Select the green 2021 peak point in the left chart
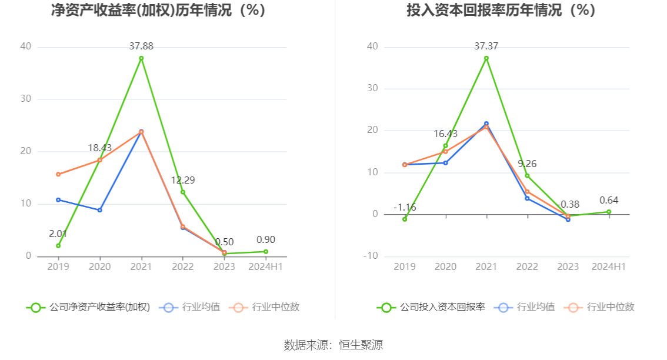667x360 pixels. [141, 58]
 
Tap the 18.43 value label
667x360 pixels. [100, 148]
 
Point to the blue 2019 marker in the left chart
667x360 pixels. [58, 199]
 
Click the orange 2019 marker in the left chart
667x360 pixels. [58, 174]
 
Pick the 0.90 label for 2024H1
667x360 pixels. [266, 239]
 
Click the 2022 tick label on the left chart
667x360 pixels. [182, 266]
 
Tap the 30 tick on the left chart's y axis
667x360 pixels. [25, 99]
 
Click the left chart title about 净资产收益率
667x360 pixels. [158, 11]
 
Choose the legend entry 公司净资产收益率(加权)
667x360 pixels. [89, 307]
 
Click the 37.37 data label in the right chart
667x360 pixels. [486, 46]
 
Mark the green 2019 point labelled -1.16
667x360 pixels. [405, 219]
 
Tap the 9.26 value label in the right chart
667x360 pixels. [527, 164]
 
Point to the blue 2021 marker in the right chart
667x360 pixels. [486, 124]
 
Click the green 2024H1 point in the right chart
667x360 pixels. [609, 212]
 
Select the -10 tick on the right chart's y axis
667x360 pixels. [371, 256]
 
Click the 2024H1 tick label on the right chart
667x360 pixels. [609, 266]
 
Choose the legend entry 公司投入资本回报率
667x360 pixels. [432, 307]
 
